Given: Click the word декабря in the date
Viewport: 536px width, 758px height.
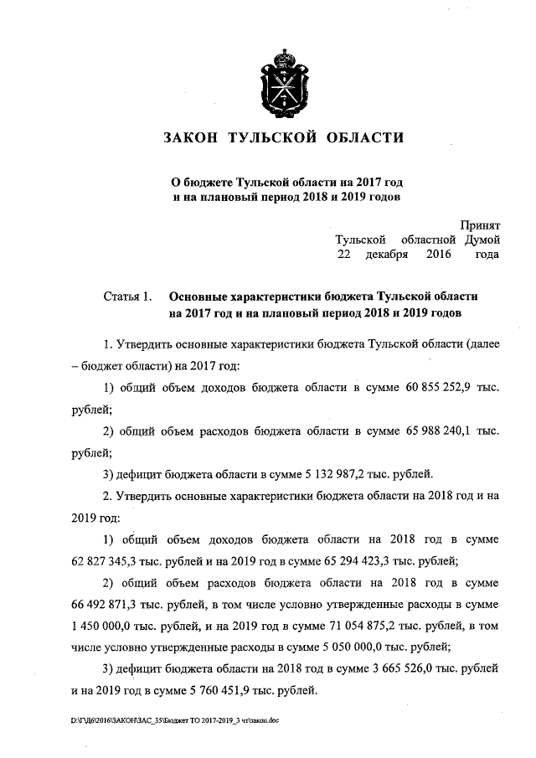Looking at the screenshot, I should pos(386,253).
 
